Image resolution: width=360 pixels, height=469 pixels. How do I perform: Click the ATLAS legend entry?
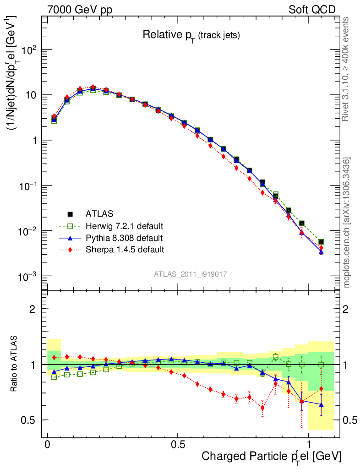coord(99,213)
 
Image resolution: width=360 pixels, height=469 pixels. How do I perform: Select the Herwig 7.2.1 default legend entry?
coord(124,226)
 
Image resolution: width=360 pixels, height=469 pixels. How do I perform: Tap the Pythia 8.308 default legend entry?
coord(124,238)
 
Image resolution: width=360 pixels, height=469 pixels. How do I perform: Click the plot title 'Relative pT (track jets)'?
coord(191,35)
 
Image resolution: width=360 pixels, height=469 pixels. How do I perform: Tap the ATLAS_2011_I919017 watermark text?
coord(191,274)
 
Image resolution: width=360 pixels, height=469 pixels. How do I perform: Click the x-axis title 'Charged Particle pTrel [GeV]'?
coord(271,456)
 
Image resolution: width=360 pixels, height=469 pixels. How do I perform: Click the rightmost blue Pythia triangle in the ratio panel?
coord(322,404)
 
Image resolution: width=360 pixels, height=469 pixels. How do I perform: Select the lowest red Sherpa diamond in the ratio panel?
coord(262,408)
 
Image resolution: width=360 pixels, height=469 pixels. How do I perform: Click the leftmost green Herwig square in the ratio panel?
coord(54,377)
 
